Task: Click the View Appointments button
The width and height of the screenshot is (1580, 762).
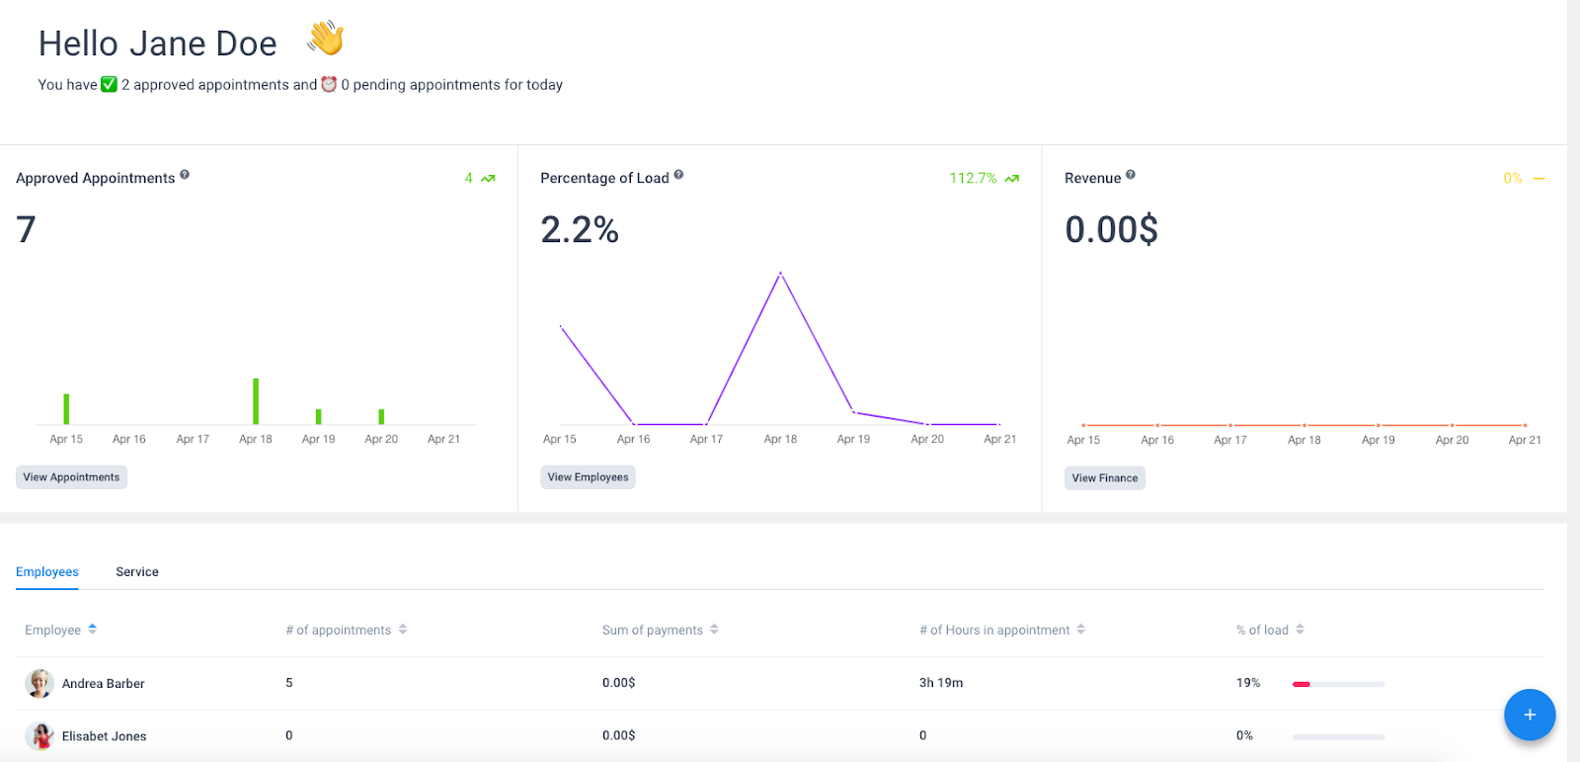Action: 71,477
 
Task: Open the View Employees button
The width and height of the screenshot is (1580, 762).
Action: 588,477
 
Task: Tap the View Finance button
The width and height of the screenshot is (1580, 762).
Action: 1105,478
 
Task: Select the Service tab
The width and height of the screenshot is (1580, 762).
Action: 137,572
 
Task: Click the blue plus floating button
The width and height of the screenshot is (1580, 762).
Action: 1530,715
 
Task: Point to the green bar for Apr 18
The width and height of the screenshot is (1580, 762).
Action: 256,401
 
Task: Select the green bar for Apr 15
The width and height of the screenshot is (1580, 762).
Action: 66,409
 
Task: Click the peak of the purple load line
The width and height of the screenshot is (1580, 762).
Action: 780,273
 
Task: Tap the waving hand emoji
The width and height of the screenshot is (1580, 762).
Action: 325,39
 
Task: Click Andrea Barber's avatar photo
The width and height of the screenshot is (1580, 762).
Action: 39,683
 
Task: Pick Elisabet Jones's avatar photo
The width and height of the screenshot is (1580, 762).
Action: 39,736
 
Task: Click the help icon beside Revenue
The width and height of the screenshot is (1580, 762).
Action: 1131,174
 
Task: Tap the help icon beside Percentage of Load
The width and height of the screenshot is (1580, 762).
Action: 678,174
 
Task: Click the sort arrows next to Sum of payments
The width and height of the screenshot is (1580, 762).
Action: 715,630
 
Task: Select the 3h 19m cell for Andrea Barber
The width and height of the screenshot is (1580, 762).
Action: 941,683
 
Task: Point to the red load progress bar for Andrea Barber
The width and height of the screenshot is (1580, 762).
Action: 1302,684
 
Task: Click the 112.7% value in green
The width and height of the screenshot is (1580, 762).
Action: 973,178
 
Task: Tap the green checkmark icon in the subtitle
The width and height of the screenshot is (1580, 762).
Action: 109,85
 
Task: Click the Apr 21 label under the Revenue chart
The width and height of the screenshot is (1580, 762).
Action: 1525,440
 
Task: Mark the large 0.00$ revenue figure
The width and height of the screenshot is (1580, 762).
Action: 1112,229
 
